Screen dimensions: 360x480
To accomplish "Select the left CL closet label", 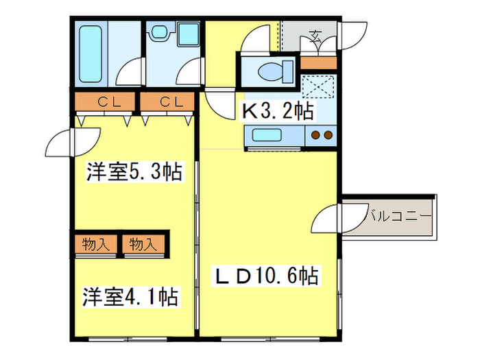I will pyautogui.click(x=106, y=103).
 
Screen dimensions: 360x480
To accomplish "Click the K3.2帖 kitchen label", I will pyautogui.click(x=276, y=110).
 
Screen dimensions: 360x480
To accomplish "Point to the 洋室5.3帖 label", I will pyautogui.click(x=134, y=172).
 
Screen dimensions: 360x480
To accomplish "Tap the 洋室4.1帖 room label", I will pyautogui.click(x=131, y=297).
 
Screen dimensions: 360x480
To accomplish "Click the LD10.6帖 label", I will pyautogui.click(x=267, y=276).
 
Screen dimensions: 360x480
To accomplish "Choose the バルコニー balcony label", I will pyautogui.click(x=398, y=215).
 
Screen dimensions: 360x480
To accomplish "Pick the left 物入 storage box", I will pyautogui.click(x=97, y=243).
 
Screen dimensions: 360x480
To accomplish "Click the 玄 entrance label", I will pyautogui.click(x=315, y=36).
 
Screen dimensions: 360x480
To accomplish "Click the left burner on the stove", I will pyautogui.click(x=315, y=135).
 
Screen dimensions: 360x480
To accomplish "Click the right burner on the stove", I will pyautogui.click(x=328, y=135).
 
